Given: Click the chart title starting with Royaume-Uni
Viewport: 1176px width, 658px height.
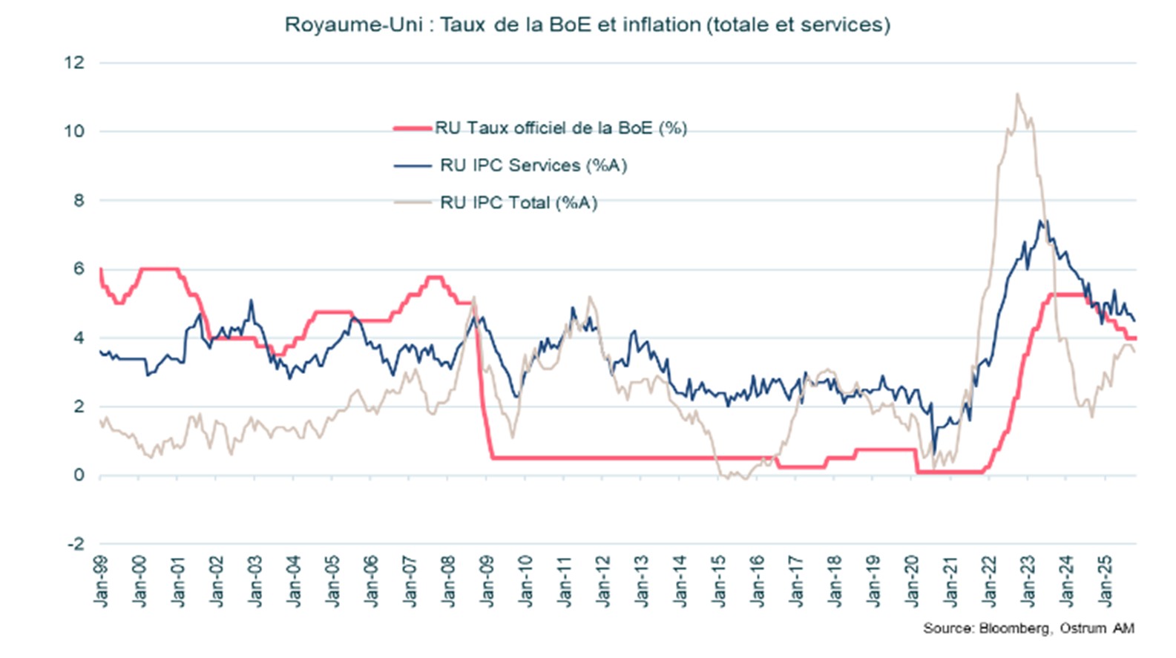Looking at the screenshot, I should [x=587, y=24].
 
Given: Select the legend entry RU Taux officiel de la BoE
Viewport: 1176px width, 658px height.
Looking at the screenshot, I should [x=560, y=128].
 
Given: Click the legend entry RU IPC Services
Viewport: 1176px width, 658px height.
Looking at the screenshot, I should [x=533, y=165].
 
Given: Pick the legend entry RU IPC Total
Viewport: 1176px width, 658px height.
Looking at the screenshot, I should [x=518, y=203].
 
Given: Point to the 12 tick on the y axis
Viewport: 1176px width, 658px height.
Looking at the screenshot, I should [x=74, y=62].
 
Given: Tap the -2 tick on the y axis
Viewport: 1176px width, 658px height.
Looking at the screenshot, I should [x=76, y=544].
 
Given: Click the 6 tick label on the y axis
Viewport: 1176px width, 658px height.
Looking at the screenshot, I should [x=79, y=269].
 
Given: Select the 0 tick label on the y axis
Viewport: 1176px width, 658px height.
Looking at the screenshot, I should [x=79, y=475].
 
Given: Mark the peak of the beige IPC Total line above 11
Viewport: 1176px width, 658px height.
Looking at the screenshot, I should [x=1016, y=94].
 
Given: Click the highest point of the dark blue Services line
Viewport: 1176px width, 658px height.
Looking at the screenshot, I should [x=1040, y=220].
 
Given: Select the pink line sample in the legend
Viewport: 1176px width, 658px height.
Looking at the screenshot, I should [x=413, y=128].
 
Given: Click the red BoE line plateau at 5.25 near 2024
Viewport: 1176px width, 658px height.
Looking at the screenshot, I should [x=1068, y=295].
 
